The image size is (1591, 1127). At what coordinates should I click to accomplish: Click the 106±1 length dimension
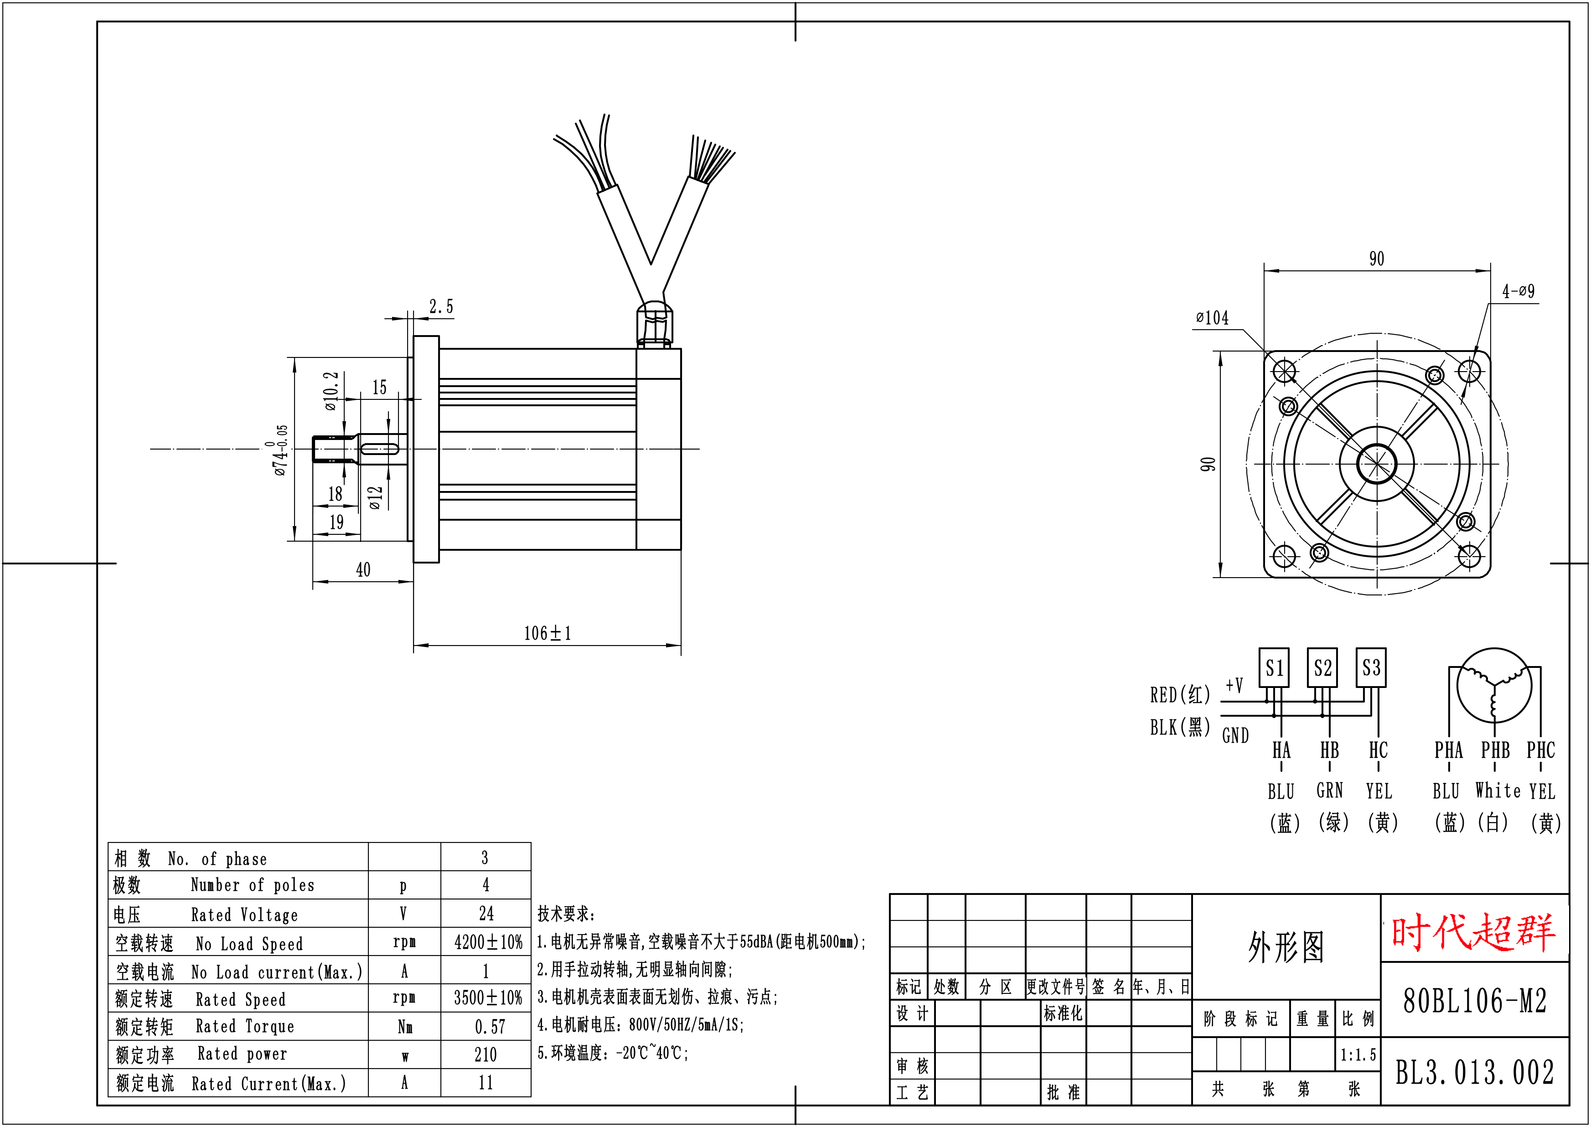tap(547, 633)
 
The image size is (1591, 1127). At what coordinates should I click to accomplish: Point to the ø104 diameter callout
tap(1212, 318)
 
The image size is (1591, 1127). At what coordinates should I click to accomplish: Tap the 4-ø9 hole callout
tap(1518, 291)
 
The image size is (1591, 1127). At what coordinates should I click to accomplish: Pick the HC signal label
tap(1378, 750)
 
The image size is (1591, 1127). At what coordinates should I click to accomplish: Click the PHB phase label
tap(1495, 750)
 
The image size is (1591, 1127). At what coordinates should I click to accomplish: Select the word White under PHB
tap(1498, 791)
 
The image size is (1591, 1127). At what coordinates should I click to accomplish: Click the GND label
tap(1235, 735)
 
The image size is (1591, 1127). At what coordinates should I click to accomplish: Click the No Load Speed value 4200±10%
tap(488, 942)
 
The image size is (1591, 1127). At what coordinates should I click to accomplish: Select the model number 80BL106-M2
tap(1474, 1001)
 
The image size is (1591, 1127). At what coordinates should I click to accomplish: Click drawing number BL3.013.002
tap(1474, 1073)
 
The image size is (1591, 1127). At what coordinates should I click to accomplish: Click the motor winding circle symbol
tap(1494, 686)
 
